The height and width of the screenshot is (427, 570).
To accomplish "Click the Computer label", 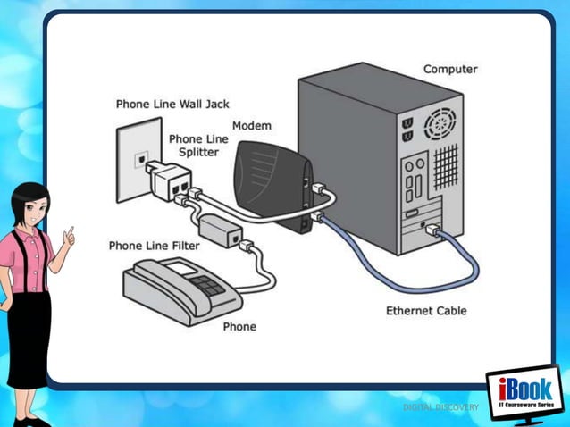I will coord(449,69).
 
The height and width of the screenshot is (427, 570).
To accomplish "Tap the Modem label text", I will coord(251,126).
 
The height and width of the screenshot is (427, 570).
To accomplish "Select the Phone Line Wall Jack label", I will coord(172,104).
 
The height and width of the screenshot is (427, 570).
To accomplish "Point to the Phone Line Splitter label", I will coord(197,146).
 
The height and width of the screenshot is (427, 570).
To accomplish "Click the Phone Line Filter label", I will coord(154,245).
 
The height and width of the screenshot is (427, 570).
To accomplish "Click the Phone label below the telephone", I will coord(239,326).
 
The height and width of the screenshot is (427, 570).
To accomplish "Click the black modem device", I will coord(268,183).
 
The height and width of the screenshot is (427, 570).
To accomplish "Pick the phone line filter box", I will coord(221,229).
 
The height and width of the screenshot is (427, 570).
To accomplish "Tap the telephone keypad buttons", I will coord(206,285).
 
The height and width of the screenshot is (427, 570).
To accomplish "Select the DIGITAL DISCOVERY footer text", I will coord(440,407).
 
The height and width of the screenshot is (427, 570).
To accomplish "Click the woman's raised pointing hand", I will coord(69,234).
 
